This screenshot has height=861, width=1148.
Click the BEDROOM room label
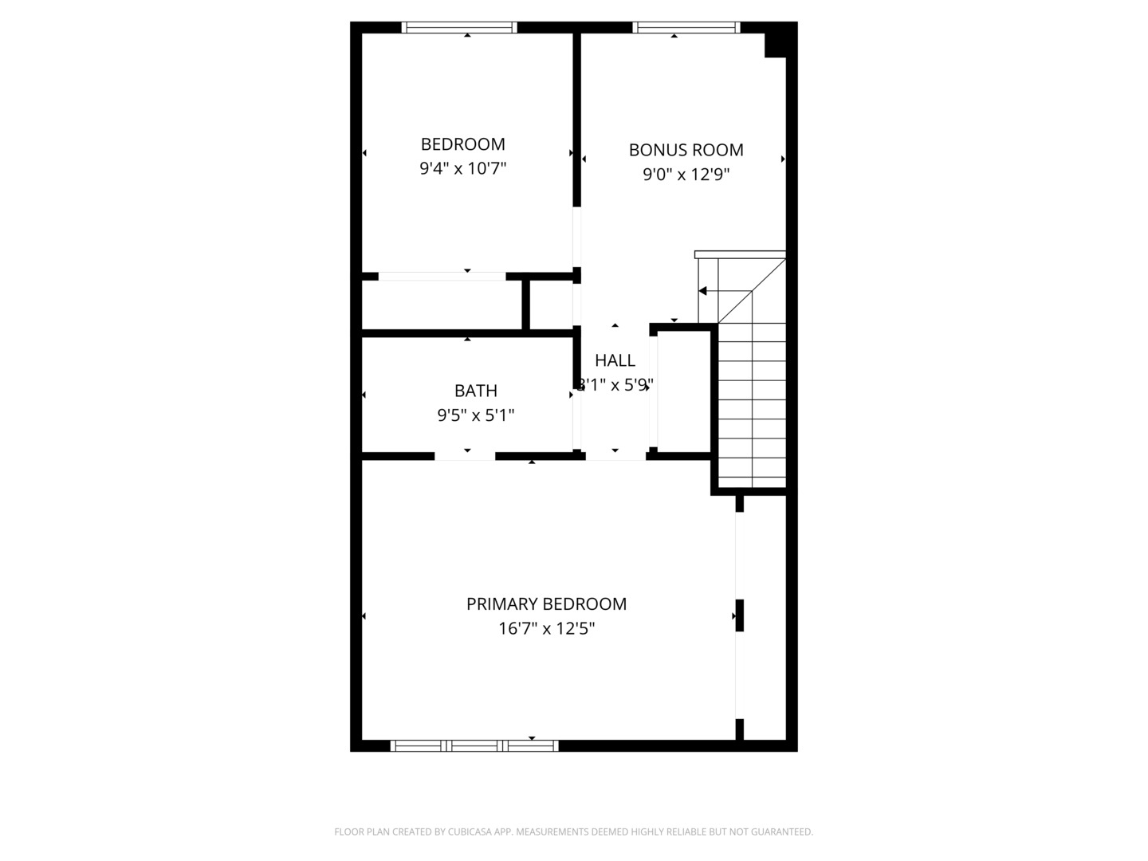462,144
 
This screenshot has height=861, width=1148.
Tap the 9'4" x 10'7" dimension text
462,169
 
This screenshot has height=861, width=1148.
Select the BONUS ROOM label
686,150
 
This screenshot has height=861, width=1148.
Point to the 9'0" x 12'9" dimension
686,175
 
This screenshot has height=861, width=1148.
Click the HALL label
615,360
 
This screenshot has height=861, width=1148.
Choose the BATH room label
476,391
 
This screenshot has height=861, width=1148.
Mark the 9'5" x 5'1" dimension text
476,415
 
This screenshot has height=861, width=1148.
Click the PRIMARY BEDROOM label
546,604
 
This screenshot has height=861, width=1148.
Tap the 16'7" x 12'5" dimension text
546,629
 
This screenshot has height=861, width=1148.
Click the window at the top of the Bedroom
459,28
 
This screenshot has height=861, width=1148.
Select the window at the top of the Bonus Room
686,28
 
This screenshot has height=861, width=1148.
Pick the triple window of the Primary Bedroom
474,746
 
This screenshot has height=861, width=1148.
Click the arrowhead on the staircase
702,291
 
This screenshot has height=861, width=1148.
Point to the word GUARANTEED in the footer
782,832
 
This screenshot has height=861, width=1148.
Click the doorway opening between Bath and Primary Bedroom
465,457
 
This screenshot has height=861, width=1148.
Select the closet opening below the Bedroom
442,277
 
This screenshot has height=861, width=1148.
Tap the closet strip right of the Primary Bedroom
765,618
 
